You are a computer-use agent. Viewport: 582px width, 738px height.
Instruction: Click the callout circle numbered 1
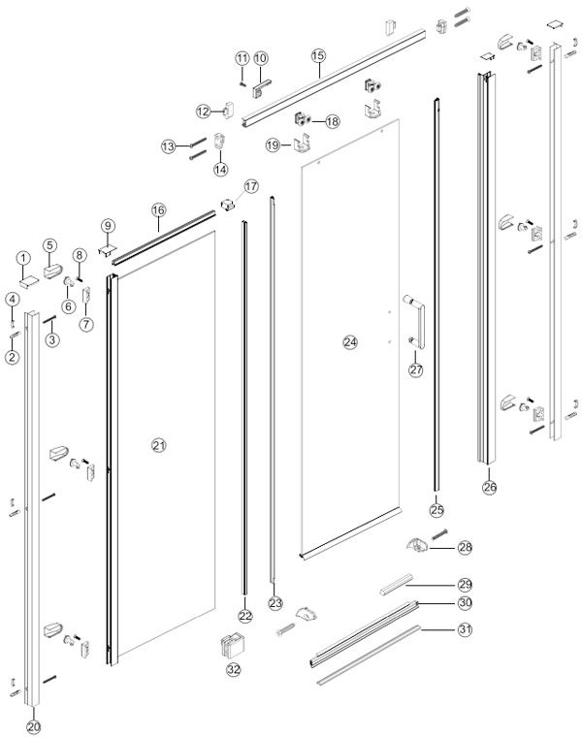point(22,258)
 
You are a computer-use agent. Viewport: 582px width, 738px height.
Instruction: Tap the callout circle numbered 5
point(49,245)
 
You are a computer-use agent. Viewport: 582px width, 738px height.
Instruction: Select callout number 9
point(109,226)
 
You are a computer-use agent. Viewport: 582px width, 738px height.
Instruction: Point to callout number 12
point(203,112)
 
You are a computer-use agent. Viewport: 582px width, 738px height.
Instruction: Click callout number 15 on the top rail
point(318,56)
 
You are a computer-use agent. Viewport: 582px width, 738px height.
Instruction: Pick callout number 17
point(251,185)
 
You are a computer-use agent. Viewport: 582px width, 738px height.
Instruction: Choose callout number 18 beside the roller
point(333,122)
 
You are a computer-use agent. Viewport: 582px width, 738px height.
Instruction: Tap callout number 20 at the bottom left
point(34,724)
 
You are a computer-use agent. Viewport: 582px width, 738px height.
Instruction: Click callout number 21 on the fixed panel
point(159,445)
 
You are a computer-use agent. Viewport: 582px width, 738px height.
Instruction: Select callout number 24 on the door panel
point(350,341)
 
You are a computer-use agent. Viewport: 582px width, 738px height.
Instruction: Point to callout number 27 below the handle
point(416,369)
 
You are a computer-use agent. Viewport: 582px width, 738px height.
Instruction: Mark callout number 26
point(490,487)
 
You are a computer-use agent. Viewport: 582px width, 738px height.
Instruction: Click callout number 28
point(466,548)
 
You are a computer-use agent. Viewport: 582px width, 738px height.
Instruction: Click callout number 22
point(244,615)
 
